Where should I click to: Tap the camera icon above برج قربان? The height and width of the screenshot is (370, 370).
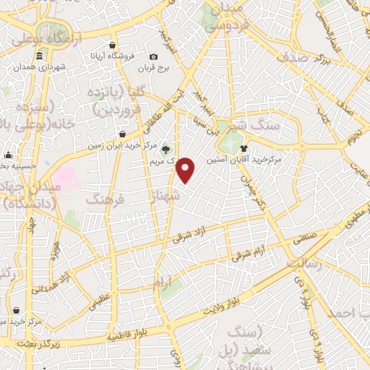pyautogui.click(x=153, y=57)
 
